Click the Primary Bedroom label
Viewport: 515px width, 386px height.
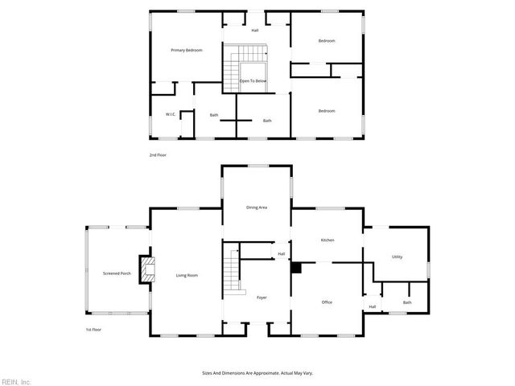click(186, 51)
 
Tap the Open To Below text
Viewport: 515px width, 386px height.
click(253, 81)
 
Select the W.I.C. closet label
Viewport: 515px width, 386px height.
click(171, 115)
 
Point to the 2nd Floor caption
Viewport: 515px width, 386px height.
click(159, 154)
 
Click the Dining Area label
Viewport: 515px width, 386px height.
click(257, 207)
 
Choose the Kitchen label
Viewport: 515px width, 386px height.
click(328, 240)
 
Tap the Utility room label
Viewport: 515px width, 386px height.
click(397, 257)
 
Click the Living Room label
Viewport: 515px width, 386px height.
click(187, 276)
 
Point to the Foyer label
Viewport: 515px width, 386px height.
click(262, 298)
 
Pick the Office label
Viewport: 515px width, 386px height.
click(327, 302)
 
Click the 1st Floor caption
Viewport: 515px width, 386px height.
click(94, 330)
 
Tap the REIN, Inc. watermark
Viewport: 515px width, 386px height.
click(16, 380)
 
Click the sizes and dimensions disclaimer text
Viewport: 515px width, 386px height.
click(257, 373)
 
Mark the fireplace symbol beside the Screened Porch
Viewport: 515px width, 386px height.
click(146, 271)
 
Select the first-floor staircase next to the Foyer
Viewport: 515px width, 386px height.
click(232, 272)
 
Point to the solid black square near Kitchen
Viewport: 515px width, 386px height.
click(296, 268)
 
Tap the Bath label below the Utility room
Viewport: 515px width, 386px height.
click(407, 303)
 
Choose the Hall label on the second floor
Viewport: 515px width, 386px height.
click(255, 31)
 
